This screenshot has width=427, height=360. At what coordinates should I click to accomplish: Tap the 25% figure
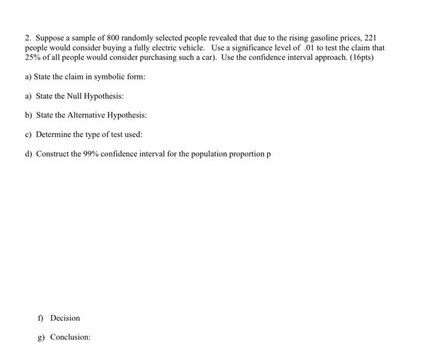pos(32,57)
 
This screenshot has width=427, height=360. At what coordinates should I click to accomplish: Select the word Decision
pos(65,318)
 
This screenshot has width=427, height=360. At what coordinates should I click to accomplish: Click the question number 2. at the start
pos(28,37)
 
